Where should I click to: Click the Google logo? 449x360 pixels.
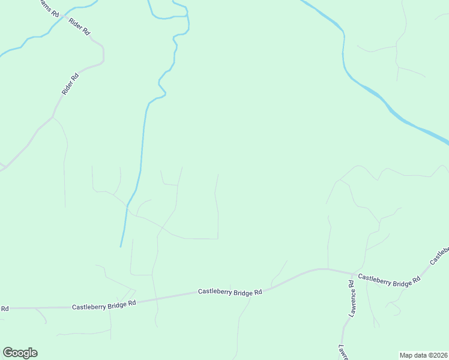pyautogui.click(x=20, y=353)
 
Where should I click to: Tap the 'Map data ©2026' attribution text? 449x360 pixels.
pyautogui.click(x=424, y=355)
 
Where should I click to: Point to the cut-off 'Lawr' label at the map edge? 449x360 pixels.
pyautogui.click(x=343, y=353)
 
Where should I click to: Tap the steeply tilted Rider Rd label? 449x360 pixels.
pyautogui.click(x=70, y=84)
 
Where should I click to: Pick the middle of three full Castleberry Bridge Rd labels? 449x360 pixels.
pyautogui.click(x=231, y=292)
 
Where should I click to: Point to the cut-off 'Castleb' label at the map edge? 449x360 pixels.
pyautogui.click(x=439, y=255)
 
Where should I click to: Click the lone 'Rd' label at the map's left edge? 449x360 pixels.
pyautogui.click(x=4, y=308)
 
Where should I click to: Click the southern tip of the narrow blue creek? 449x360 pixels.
pyautogui.click(x=121, y=246)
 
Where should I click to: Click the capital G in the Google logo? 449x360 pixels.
pyautogui.click(x=8, y=352)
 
